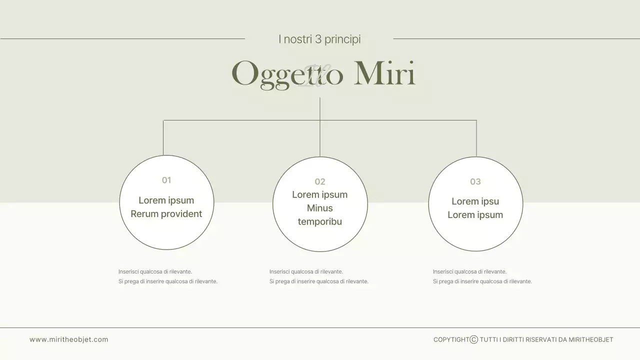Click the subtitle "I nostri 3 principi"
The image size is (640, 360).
click(x=319, y=39)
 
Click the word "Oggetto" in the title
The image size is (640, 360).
click(x=287, y=74)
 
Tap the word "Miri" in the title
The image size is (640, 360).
click(x=384, y=73)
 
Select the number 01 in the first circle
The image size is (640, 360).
click(x=166, y=180)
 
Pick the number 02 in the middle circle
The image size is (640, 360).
click(x=320, y=181)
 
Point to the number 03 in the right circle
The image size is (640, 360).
click(x=475, y=181)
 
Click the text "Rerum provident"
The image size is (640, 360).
click(x=166, y=214)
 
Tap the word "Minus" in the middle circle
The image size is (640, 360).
click(x=320, y=208)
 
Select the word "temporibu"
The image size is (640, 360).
click(x=320, y=221)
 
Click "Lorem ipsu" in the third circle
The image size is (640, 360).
click(x=475, y=201)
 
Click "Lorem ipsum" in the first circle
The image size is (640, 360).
click(x=166, y=200)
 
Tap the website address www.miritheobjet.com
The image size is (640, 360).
click(x=69, y=339)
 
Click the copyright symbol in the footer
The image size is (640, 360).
click(x=474, y=339)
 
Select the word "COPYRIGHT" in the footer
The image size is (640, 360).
click(x=451, y=339)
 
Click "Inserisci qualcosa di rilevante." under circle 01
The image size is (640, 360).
click(x=155, y=271)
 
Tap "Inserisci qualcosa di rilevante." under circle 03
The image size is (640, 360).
click(x=469, y=271)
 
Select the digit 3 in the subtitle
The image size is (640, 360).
click(x=318, y=39)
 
